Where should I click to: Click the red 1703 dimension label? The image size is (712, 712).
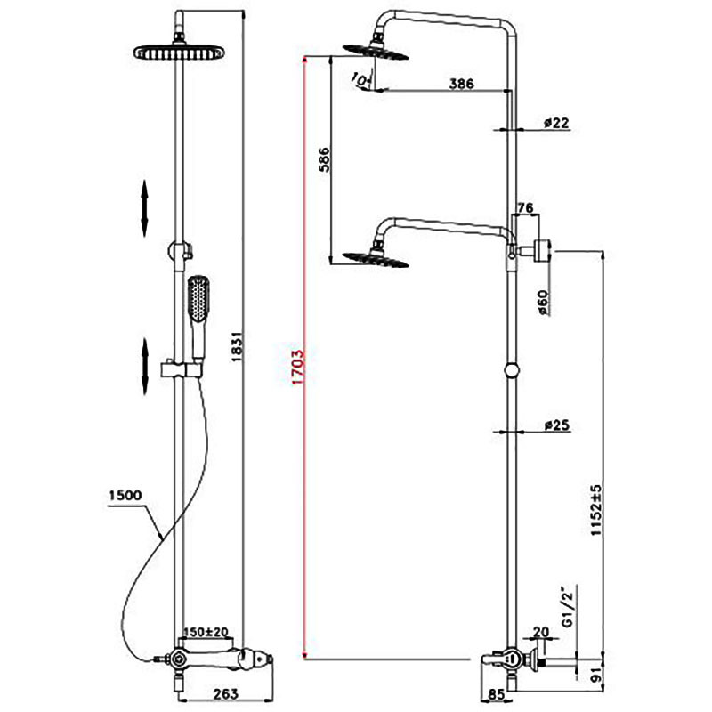pyautogui.click(x=298, y=367)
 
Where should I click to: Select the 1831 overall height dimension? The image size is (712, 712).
pyautogui.click(x=238, y=346)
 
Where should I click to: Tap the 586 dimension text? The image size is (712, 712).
pyautogui.click(x=324, y=159)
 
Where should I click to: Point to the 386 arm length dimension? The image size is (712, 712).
pyautogui.click(x=461, y=84)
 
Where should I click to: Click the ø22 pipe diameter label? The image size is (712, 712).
pyautogui.click(x=556, y=123)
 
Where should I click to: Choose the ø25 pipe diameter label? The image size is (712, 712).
pyautogui.click(x=557, y=425)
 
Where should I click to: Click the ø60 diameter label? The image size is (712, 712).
pyautogui.click(x=543, y=303)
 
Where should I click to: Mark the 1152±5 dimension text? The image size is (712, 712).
pyautogui.click(x=595, y=510)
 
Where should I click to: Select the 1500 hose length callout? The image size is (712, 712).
pyautogui.click(x=125, y=495)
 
